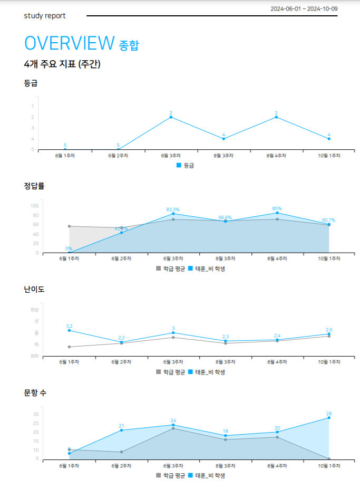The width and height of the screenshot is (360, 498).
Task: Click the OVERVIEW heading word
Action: (69, 43)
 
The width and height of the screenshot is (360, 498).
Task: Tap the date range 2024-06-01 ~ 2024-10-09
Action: (304, 9)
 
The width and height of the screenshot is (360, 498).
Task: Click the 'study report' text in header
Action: (45, 16)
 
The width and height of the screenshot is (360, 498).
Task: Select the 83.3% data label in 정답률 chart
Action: (173, 209)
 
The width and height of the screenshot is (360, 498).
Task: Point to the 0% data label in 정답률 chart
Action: (69, 248)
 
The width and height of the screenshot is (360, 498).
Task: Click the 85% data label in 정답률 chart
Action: (277, 208)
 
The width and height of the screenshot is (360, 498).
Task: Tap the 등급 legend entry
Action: (186, 166)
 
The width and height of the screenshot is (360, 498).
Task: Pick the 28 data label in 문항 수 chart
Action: (329, 414)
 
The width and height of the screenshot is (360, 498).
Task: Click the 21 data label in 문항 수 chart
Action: (121, 426)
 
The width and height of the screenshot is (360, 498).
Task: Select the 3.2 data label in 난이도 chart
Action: (69, 326)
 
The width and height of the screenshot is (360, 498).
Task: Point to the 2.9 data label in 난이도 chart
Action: (329, 329)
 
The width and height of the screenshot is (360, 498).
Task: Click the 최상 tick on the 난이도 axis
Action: (35, 310)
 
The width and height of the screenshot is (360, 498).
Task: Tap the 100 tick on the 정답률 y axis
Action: (35, 206)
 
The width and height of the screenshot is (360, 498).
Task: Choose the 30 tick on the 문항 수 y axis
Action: (36, 414)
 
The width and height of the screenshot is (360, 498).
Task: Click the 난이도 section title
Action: (34, 290)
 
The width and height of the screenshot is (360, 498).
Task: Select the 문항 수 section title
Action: (35, 393)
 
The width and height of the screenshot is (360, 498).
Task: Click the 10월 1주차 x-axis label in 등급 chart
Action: (329, 156)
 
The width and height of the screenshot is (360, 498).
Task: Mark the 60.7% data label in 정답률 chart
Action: (328, 220)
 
